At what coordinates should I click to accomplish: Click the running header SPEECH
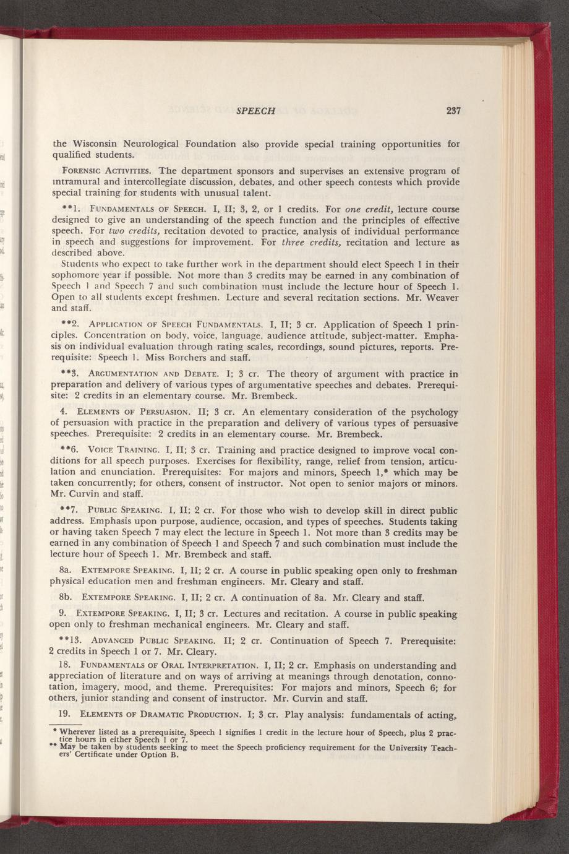(x=255, y=111)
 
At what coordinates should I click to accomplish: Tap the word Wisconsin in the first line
(x=102, y=144)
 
